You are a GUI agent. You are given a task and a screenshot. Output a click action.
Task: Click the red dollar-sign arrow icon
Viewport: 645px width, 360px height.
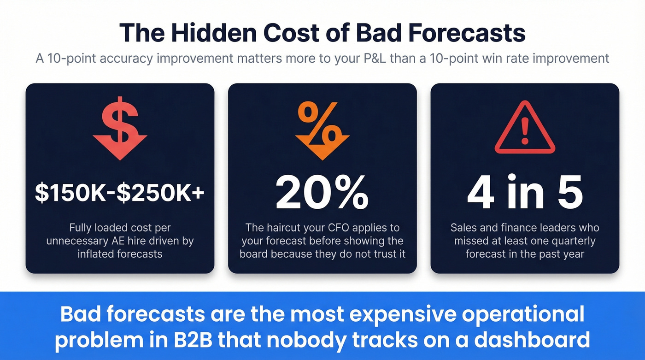(120, 128)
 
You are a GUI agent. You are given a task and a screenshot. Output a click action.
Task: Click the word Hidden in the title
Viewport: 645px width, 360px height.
(211, 33)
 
